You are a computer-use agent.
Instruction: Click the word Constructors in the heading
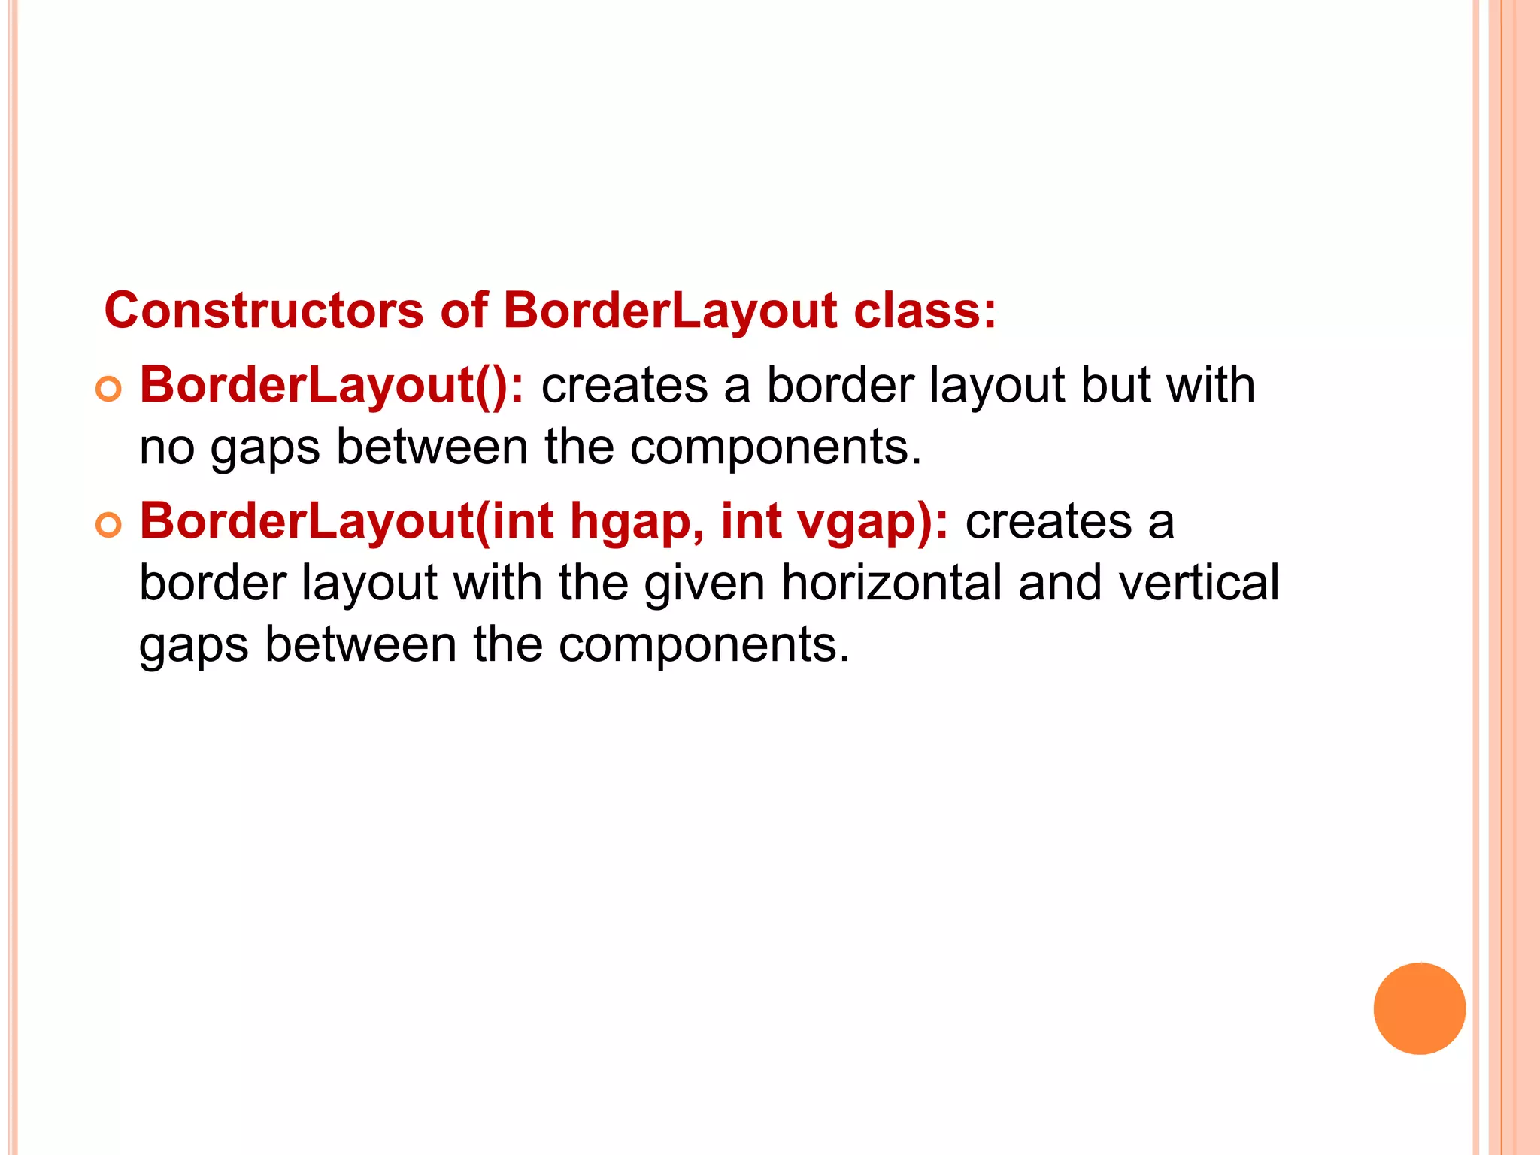264,311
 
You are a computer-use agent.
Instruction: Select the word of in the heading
464,311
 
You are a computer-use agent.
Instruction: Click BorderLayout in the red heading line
670,311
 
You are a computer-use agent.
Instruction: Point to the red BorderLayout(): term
332,386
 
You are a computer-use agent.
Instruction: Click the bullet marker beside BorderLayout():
109,389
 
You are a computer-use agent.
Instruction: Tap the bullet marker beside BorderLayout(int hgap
109,525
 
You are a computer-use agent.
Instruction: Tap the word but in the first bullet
1115,386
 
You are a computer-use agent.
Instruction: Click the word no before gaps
167,448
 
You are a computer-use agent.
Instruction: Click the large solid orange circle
1419,1008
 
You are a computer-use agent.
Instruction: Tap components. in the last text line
704,646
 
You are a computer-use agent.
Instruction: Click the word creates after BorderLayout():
624,386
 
